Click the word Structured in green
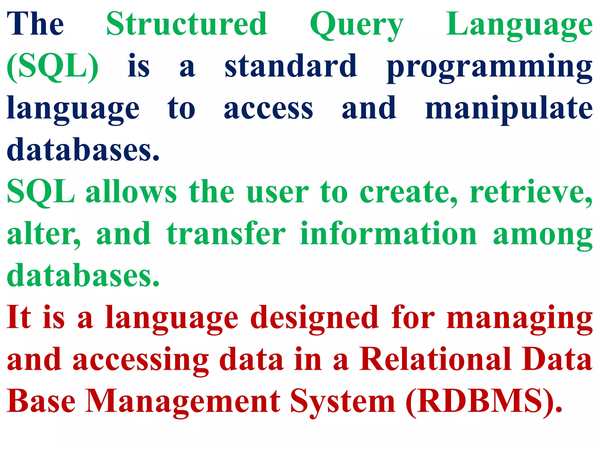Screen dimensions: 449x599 click(187, 24)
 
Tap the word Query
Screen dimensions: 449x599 click(357, 25)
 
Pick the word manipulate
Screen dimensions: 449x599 click(509, 109)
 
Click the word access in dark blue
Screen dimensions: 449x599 click(268, 109)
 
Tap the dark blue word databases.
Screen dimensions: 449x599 click(83, 150)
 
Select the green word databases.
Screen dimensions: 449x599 click(83, 275)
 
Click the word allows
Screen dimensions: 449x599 click(131, 192)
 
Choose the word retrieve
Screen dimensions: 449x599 click(531, 192)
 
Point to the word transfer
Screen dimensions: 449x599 click(226, 234)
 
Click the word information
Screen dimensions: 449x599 click(388, 234)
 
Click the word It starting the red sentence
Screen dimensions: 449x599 click(19, 317)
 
